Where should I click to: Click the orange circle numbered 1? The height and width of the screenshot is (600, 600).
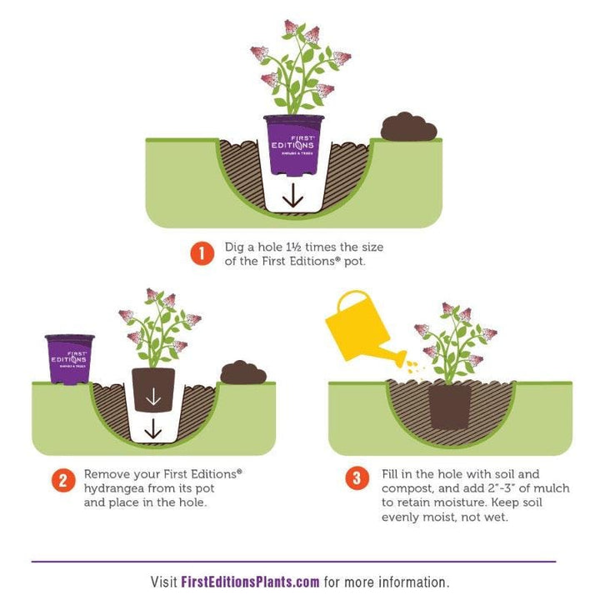(x=202, y=253)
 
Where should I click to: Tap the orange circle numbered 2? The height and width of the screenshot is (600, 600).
(x=63, y=481)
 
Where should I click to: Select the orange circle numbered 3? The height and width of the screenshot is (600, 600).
(x=357, y=478)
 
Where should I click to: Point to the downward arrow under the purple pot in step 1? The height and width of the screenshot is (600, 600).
(x=292, y=195)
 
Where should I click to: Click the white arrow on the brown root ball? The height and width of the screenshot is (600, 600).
(x=153, y=397)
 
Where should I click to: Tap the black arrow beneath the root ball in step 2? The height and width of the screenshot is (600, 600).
(x=152, y=428)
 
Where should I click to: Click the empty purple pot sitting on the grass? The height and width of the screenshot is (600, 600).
(x=70, y=359)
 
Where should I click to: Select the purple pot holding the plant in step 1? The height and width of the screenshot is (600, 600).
(x=294, y=145)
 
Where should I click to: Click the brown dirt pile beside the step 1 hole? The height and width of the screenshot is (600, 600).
(x=408, y=127)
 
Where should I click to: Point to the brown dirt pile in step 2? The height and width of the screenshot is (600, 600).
(x=243, y=372)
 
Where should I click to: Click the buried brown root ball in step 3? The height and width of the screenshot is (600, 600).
(x=450, y=407)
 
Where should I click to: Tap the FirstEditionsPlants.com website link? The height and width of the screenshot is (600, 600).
(x=250, y=582)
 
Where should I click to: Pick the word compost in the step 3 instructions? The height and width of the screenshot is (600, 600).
(x=407, y=489)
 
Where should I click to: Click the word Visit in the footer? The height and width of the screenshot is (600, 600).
(x=163, y=582)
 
